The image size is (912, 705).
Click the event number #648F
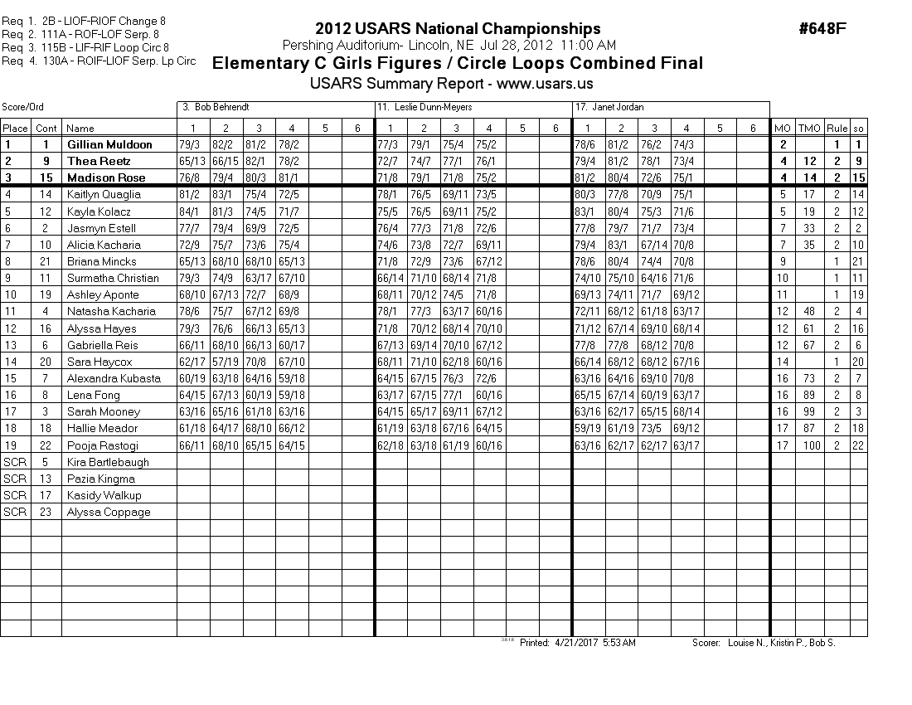822,30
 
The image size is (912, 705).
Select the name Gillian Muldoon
108,144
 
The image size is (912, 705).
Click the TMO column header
810,128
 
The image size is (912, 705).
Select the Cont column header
46,128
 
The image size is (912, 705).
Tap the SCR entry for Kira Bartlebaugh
15,462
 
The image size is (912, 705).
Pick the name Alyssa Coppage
108,512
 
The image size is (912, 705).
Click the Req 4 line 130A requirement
99,61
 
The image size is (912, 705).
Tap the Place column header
15,128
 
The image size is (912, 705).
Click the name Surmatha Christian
112,278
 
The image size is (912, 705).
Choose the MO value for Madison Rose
782,177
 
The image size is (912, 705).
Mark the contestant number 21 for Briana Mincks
46,261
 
